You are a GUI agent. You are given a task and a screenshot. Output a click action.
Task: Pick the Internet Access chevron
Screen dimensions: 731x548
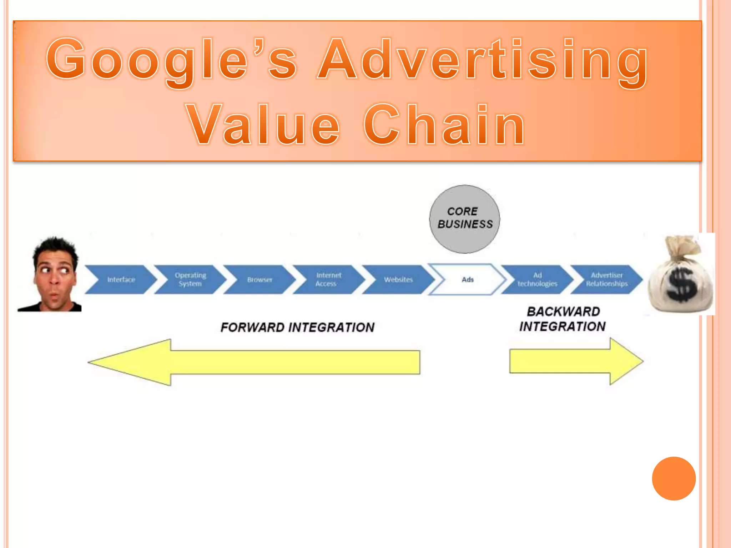(328, 279)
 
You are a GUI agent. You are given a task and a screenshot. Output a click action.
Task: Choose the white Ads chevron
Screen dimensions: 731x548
(467, 279)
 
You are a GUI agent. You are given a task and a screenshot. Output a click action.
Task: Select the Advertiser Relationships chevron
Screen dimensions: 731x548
(606, 279)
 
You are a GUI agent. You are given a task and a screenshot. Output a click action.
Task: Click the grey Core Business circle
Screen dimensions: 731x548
(464, 219)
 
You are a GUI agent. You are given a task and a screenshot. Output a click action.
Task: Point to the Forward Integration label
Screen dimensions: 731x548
(297, 327)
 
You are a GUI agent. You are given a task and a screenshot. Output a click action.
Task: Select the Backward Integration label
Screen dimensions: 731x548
(563, 319)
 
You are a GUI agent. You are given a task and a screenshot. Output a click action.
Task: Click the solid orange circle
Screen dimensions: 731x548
(674, 478)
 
